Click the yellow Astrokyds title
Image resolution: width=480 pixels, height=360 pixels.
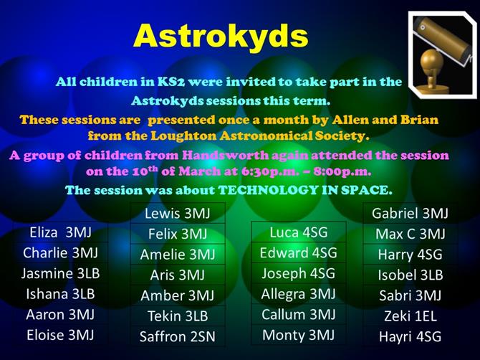(x=221, y=35)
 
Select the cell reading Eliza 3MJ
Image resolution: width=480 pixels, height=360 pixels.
(x=60, y=232)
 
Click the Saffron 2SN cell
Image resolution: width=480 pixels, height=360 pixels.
(x=178, y=336)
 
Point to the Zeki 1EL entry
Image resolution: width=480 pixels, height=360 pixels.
(x=411, y=316)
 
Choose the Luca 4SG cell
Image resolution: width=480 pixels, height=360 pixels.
(x=299, y=232)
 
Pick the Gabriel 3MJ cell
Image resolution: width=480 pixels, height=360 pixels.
(x=411, y=213)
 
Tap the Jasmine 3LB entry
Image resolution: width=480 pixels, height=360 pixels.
(x=60, y=273)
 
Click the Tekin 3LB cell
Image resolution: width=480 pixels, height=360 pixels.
(x=178, y=316)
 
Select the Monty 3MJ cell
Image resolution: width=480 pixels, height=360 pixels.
(x=299, y=335)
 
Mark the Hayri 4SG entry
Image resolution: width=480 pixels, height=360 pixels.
(x=411, y=336)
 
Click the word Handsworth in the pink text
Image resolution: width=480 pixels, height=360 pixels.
(x=225, y=155)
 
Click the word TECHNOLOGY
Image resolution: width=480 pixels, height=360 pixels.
(x=268, y=190)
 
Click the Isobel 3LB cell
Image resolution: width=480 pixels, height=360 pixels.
(x=411, y=275)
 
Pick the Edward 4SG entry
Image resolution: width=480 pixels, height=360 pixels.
(x=299, y=252)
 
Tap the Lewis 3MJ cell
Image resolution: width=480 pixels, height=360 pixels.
(x=178, y=213)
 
